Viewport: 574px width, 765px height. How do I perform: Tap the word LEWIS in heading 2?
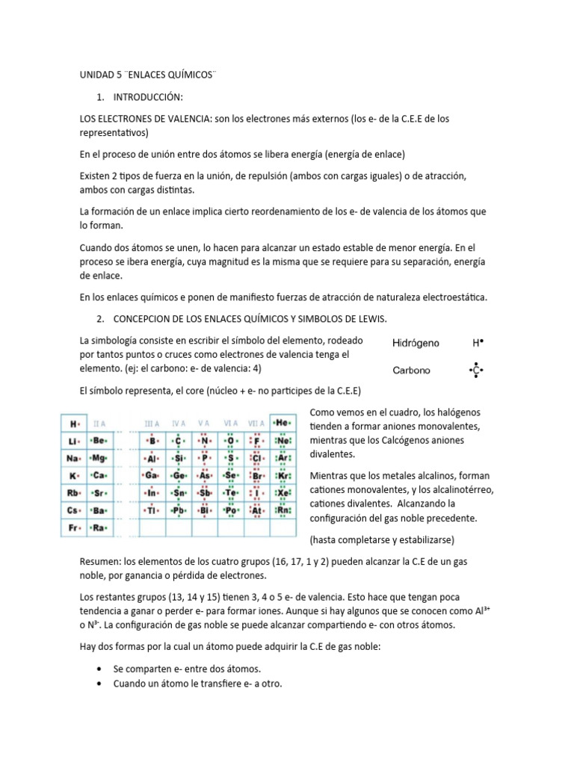click(x=368, y=319)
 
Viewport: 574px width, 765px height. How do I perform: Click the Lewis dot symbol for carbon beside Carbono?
click(x=475, y=371)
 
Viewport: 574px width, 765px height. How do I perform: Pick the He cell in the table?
click(x=282, y=422)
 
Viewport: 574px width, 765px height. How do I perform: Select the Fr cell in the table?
click(x=74, y=527)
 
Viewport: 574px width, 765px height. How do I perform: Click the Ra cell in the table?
click(x=98, y=527)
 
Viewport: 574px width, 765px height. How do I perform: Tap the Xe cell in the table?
click(x=283, y=493)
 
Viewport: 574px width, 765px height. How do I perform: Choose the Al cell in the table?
click(x=152, y=458)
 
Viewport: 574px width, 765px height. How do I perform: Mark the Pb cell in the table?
click(x=178, y=511)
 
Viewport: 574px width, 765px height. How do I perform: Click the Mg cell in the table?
click(x=98, y=458)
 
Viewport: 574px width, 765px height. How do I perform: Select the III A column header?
click(x=152, y=423)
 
